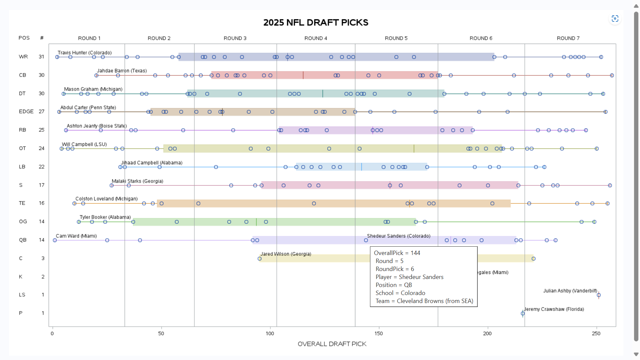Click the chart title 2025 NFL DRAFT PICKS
[x=316, y=22]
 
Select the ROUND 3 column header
[x=235, y=38]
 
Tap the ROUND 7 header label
[x=568, y=38]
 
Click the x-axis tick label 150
[x=379, y=333]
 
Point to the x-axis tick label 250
[x=596, y=333]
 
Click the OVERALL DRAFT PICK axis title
[x=332, y=344]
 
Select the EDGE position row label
[x=26, y=111]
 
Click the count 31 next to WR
[x=41, y=57]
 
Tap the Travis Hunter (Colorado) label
[x=85, y=53]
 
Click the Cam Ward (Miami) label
[x=76, y=236]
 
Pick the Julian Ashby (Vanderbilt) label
[x=570, y=291]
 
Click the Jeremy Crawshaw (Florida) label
[x=554, y=309]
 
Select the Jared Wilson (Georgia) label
[x=286, y=254]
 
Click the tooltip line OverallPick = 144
[x=397, y=253]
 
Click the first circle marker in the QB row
[x=55, y=240]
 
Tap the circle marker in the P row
[x=523, y=313]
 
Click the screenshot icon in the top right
[x=615, y=19]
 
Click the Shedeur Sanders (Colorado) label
[x=399, y=236]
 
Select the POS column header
[x=24, y=38]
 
